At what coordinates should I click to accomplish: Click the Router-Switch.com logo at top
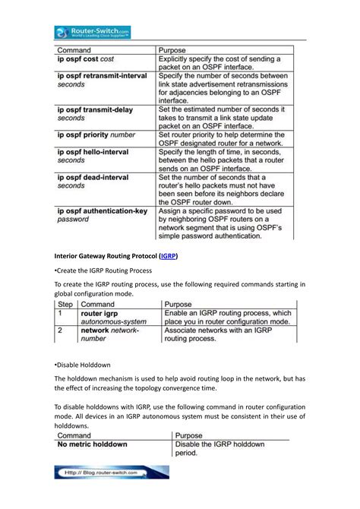[92, 32]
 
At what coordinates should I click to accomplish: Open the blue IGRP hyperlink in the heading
[169, 256]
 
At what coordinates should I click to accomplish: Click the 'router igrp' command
[101, 313]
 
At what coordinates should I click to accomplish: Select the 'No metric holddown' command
[93, 444]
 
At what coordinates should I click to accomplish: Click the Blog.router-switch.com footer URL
[111, 473]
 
